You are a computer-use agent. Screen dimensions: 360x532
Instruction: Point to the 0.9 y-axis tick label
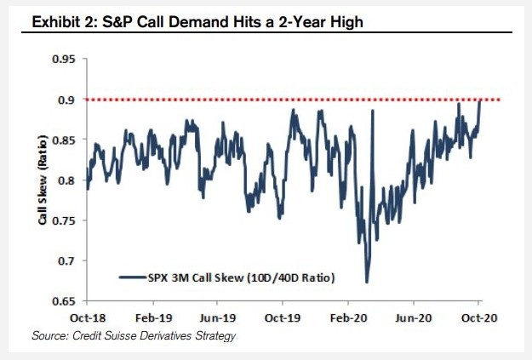(x=68, y=100)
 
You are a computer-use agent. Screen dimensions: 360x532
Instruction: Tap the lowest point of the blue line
(x=366, y=282)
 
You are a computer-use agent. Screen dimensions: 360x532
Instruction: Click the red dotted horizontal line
(x=255, y=100)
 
